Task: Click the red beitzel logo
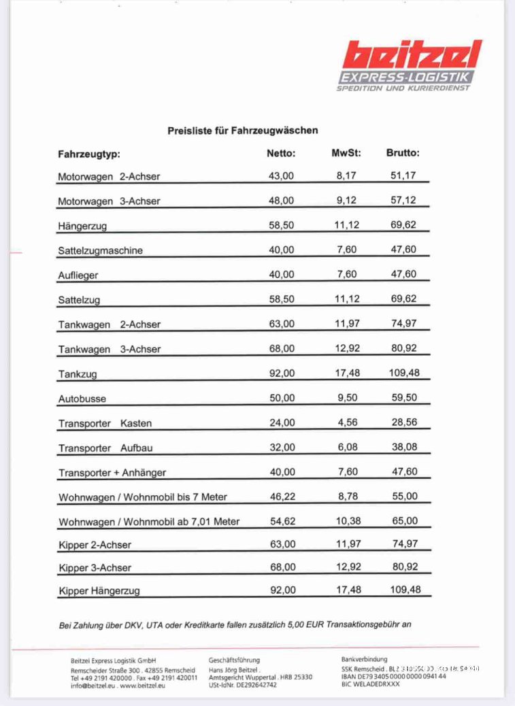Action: coord(412,54)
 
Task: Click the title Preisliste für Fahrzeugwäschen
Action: coord(243,130)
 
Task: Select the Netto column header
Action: coord(281,153)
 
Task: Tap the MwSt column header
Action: coord(346,153)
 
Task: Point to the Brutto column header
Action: coord(403,153)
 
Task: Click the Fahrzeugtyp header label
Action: coord(89,154)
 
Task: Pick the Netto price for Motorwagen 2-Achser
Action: coord(282,175)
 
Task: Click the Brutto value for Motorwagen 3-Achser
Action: coord(403,201)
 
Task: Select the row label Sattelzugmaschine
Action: coord(100,250)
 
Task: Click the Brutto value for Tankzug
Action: coord(405,373)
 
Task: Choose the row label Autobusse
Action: coord(82,399)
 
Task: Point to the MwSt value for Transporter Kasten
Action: coord(348,422)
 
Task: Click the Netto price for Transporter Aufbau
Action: coord(282,448)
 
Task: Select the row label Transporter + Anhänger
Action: coord(112,473)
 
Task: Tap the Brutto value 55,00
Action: coord(405,497)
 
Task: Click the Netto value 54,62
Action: coord(282,521)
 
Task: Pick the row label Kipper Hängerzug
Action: coord(99,591)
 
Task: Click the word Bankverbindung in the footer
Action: coord(364,659)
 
